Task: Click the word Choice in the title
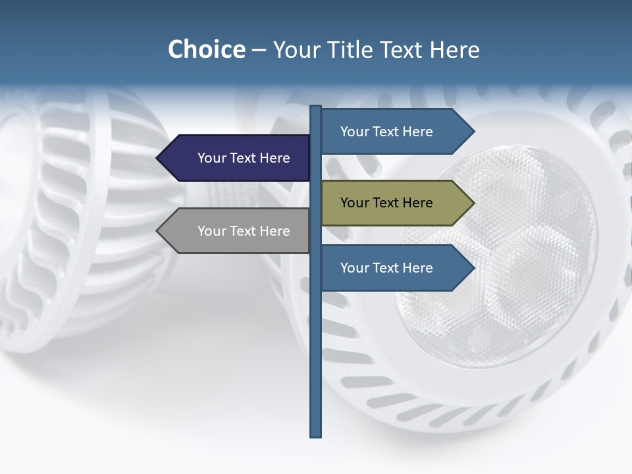[x=206, y=50]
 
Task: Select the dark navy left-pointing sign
[x=237, y=158]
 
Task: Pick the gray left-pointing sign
[x=237, y=230]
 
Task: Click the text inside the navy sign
[x=244, y=158]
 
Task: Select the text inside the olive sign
[x=386, y=203]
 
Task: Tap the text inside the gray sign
[x=244, y=231]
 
